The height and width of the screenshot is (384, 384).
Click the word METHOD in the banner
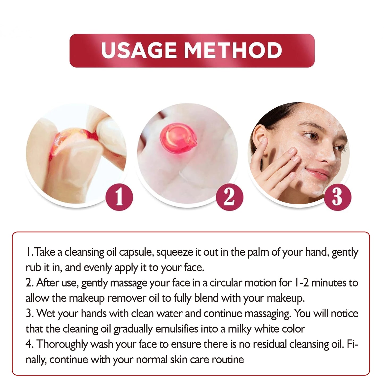click(x=233, y=50)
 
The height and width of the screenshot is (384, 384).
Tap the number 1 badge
click(x=119, y=197)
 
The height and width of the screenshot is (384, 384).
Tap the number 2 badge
click(x=229, y=197)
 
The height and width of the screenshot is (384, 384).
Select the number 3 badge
click(x=337, y=197)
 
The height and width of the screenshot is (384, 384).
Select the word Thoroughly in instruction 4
click(x=62, y=344)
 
